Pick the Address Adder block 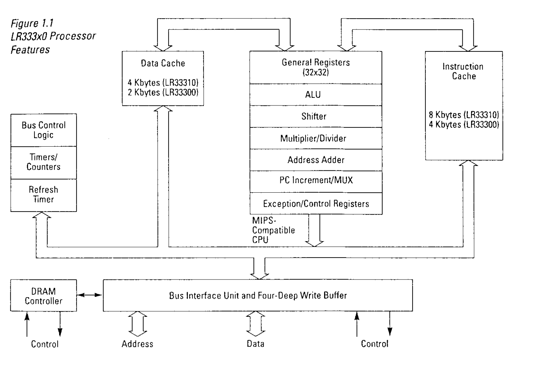click(x=316, y=160)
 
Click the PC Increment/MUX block click(x=316, y=180)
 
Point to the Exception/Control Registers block click(x=316, y=204)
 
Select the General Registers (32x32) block click(x=316, y=67)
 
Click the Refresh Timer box click(x=43, y=195)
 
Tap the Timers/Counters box click(x=43, y=162)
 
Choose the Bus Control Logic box click(x=43, y=130)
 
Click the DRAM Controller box click(x=43, y=296)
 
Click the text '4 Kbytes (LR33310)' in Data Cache click(x=163, y=83)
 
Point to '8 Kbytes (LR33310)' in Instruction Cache click(x=464, y=115)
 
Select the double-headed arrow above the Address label click(x=138, y=324)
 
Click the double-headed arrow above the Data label click(x=256, y=324)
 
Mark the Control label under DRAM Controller click(x=45, y=344)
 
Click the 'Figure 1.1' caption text click(x=32, y=23)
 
